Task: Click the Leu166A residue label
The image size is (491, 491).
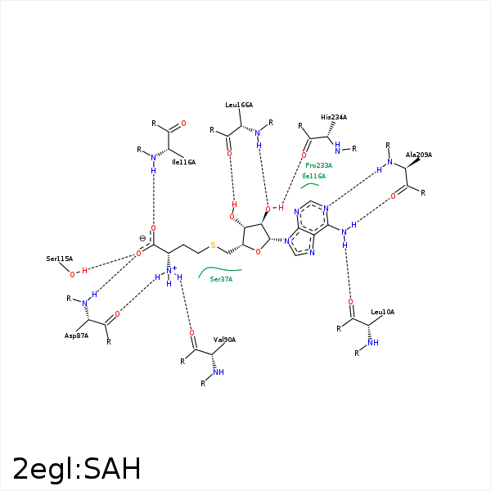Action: [x=239, y=105]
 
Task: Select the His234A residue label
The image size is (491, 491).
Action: [x=334, y=117]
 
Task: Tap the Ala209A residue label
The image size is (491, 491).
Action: [x=419, y=155]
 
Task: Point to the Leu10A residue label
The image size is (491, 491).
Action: [x=382, y=312]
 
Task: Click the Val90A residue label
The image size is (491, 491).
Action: [x=224, y=340]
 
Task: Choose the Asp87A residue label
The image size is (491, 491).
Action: [x=76, y=336]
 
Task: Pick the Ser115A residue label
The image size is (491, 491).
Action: [x=60, y=259]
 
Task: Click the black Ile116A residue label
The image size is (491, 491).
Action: [x=183, y=162]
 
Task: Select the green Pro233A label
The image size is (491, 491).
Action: [x=319, y=165]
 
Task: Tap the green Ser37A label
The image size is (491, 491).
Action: [x=221, y=279]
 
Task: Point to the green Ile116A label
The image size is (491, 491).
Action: [x=313, y=176]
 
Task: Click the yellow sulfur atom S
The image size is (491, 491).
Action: [x=213, y=245]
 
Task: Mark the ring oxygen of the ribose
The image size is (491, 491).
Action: [x=258, y=251]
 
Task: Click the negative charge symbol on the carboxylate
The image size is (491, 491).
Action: [x=142, y=238]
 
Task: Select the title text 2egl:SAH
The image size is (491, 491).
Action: [x=77, y=469]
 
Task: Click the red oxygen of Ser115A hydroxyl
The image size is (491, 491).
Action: [x=72, y=275]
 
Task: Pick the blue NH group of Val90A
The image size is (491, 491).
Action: [x=218, y=372]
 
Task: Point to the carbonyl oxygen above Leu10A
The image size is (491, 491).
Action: [x=351, y=302]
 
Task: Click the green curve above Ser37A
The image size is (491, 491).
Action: [x=219, y=269]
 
